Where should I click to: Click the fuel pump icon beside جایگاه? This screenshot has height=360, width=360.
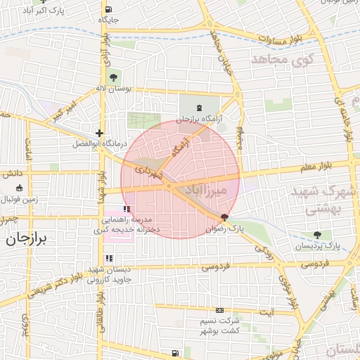click(x=108, y=10)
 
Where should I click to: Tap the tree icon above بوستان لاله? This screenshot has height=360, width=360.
click(x=113, y=77)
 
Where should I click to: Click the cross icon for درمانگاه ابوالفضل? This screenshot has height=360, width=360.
click(x=100, y=133)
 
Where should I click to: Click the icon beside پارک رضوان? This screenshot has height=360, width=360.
click(x=224, y=217)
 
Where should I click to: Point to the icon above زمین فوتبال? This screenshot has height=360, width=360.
click(x=19, y=188)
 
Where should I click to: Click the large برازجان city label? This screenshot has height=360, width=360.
click(x=26, y=239)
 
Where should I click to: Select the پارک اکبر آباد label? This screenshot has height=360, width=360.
click(x=32, y=12)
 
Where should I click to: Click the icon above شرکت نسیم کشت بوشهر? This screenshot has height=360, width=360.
click(x=219, y=310)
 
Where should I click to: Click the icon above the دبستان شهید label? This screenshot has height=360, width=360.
click(x=109, y=259)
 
